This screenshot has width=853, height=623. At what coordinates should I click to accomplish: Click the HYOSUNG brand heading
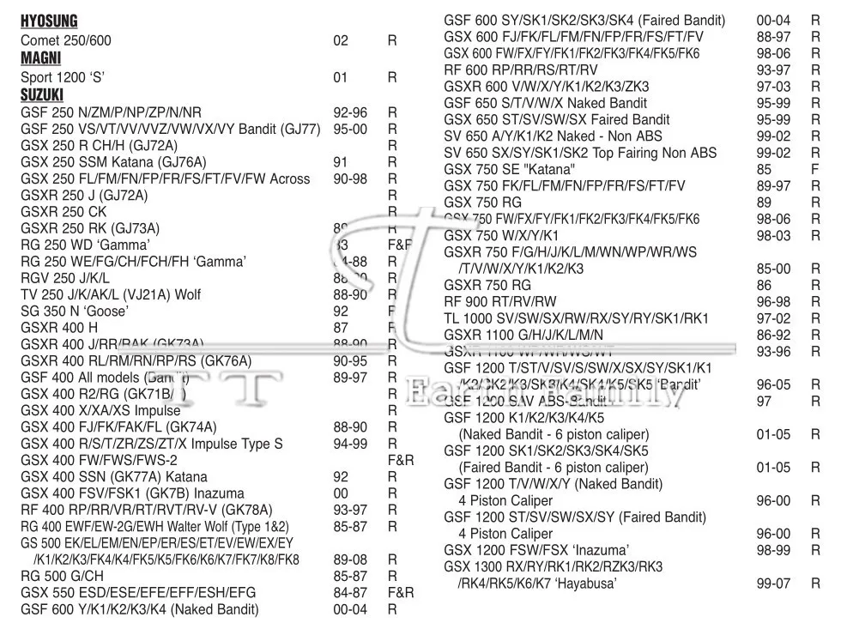[x=49, y=21]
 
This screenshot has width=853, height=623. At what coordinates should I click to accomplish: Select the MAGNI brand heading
[x=40, y=58]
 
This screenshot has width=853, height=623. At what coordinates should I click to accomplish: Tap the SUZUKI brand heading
[x=42, y=95]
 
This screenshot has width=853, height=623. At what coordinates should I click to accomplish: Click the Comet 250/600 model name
[x=66, y=40]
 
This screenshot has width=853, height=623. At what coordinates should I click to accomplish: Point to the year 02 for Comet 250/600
[x=341, y=40]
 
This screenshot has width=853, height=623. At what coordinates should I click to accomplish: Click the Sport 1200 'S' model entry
[x=62, y=77]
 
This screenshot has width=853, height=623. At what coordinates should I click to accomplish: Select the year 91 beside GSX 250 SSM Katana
[x=340, y=162]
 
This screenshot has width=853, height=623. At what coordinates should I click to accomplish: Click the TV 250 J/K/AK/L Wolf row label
[x=111, y=294]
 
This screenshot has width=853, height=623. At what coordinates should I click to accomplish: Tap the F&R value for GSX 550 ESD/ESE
[x=401, y=592]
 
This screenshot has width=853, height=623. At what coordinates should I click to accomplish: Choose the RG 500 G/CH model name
[x=62, y=576]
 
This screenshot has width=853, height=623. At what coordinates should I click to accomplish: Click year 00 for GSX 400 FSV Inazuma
[x=341, y=493]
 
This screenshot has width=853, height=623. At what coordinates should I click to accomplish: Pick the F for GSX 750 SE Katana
[x=815, y=169]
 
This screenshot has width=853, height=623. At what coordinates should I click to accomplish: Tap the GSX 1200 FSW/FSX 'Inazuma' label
[x=536, y=550]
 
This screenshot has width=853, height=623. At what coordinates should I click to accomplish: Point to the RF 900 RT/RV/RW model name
[x=500, y=301]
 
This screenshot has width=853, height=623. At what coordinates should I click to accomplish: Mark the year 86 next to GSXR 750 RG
[x=764, y=285]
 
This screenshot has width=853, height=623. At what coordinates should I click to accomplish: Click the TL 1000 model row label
[x=576, y=318]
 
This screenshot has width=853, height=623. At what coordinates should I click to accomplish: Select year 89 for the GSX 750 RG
[x=764, y=203]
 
